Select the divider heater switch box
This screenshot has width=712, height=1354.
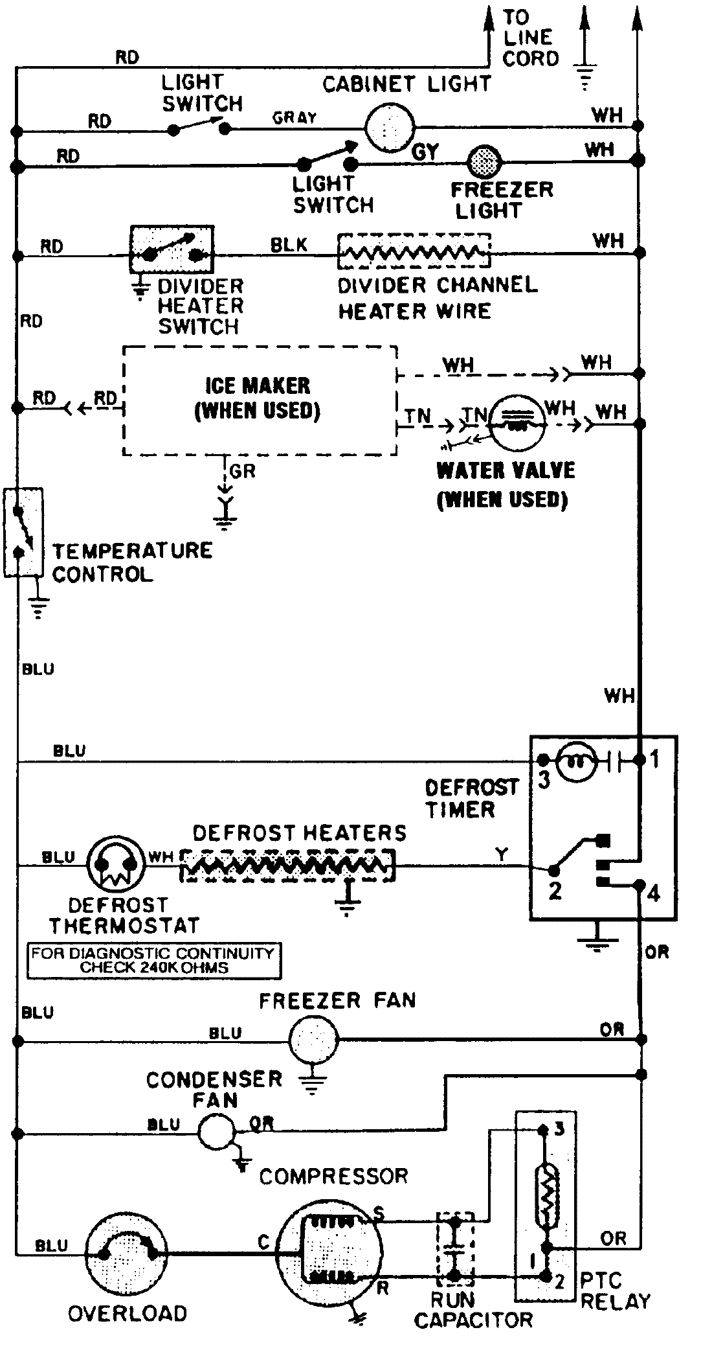(172, 250)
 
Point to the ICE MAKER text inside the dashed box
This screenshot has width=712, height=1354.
(258, 386)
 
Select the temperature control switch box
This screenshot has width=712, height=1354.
(23, 532)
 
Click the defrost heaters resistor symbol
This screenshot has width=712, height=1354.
(287, 865)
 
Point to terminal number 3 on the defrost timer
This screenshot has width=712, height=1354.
(544, 779)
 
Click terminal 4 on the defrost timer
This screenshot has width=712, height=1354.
(653, 894)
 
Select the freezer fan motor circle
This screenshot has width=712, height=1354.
(313, 1040)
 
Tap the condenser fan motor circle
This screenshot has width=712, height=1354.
(216, 1131)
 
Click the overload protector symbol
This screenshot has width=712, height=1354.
(126, 1255)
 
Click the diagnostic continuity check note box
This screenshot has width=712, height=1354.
(154, 961)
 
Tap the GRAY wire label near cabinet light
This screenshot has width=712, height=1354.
(295, 118)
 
